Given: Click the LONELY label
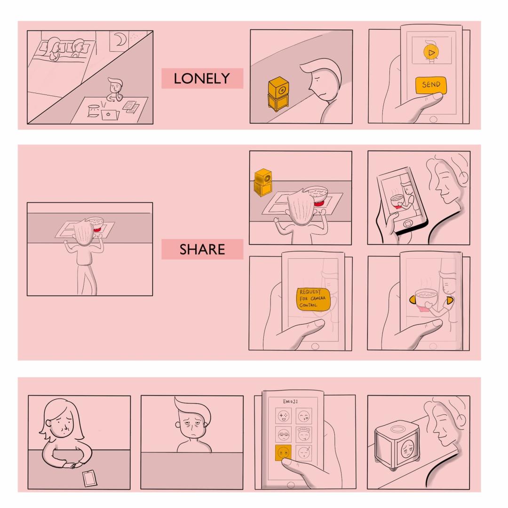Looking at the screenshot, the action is click(x=202, y=79).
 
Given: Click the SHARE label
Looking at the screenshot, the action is click(x=202, y=249).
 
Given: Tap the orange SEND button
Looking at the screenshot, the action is click(x=431, y=85).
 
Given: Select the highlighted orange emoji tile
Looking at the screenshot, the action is click(x=283, y=452).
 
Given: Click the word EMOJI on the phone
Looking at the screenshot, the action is click(x=290, y=401).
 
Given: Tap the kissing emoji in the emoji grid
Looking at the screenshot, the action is click(x=304, y=416).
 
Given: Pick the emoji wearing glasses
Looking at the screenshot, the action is click(x=283, y=435).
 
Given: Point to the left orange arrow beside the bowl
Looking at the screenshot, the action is click(x=412, y=300).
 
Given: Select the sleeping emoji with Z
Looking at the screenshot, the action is click(x=304, y=453).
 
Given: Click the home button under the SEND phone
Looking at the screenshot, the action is click(x=433, y=119).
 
